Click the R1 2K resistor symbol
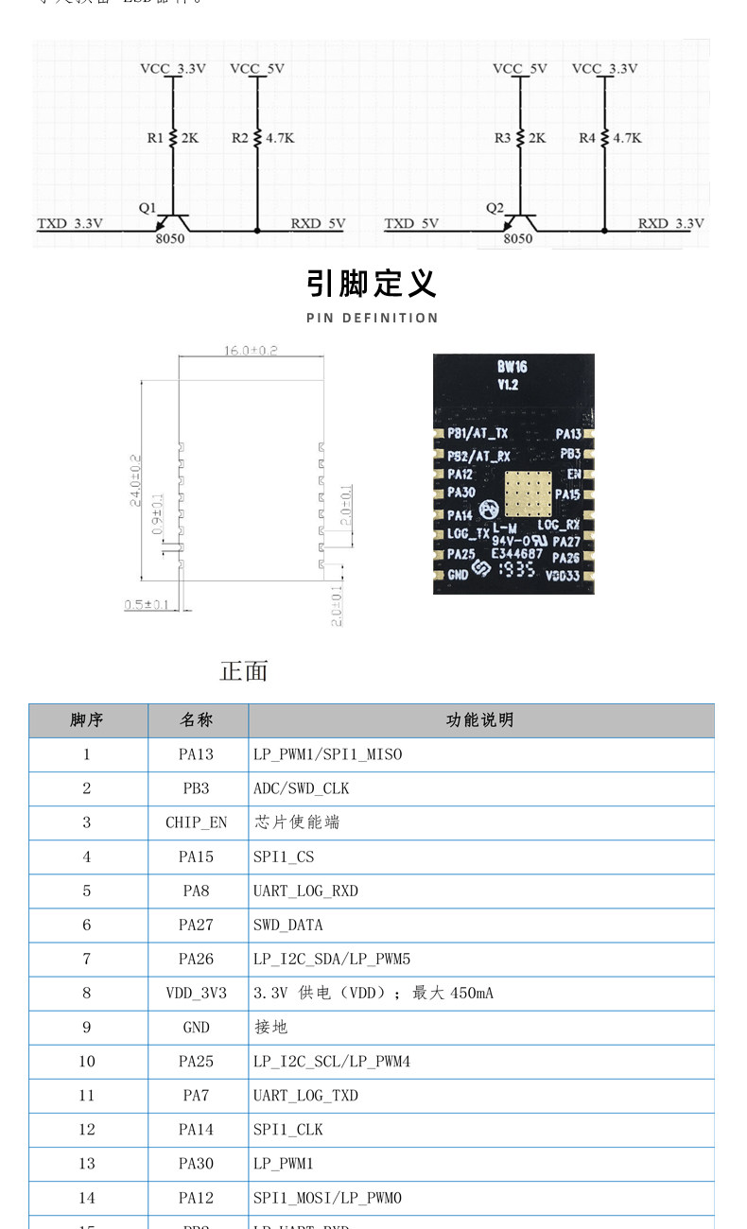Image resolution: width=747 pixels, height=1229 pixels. click(173, 138)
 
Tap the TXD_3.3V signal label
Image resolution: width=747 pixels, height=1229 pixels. click(70, 224)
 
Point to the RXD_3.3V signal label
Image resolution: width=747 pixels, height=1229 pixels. click(670, 224)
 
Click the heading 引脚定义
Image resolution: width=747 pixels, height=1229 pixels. click(372, 283)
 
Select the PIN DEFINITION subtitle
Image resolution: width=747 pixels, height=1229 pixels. click(372, 318)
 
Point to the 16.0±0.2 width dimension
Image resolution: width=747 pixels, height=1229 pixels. click(251, 351)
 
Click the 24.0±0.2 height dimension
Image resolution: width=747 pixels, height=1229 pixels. click(136, 480)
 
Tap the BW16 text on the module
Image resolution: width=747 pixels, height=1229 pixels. click(512, 367)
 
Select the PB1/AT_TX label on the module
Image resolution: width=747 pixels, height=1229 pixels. click(478, 434)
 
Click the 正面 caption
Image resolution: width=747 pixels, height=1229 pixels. click(244, 671)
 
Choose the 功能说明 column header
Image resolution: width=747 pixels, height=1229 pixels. click(480, 720)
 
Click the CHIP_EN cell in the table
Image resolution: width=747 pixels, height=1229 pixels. click(197, 822)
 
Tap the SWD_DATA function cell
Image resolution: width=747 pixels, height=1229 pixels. click(288, 925)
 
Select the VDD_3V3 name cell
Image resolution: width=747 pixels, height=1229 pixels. click(197, 993)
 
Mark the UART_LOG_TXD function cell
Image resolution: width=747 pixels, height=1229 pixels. click(305, 1096)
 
